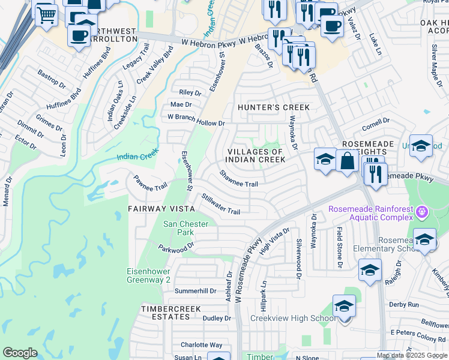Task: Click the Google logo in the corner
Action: [x=20, y=353]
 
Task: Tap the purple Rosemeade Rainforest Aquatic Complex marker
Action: [x=423, y=211]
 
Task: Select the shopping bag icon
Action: [x=348, y=160]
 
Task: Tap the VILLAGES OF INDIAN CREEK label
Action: [x=256, y=155]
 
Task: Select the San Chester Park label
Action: [x=186, y=228]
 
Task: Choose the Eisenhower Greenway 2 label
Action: [x=148, y=275]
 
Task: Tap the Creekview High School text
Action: [x=292, y=319]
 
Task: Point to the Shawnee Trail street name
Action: [x=238, y=179]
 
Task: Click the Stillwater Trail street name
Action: [x=221, y=204]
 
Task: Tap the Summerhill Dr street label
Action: [x=195, y=291]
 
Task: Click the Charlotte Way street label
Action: [x=201, y=345]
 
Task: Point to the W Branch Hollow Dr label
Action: [x=196, y=119]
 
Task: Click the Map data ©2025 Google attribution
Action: [x=412, y=355]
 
